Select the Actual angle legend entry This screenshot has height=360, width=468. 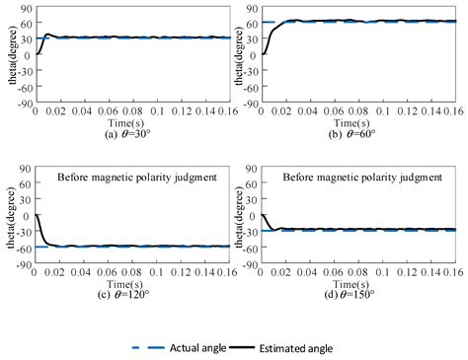(188, 348)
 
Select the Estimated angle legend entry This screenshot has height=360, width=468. (293, 348)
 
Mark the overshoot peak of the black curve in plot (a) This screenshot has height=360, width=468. (47, 35)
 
